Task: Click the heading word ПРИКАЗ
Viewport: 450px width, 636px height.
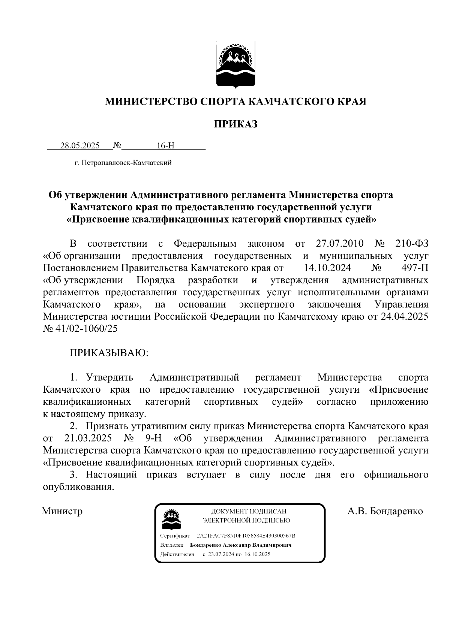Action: click(235, 124)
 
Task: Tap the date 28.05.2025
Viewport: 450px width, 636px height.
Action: click(80, 146)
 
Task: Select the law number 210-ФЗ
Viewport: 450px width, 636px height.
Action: click(412, 244)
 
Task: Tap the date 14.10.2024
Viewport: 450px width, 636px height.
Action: click(328, 268)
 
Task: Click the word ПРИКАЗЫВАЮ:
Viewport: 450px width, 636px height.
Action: click(109, 353)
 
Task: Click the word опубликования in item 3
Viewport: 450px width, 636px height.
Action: click(78, 487)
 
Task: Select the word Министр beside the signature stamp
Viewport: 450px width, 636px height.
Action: click(62, 511)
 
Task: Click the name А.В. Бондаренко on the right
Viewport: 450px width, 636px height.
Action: click(385, 511)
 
